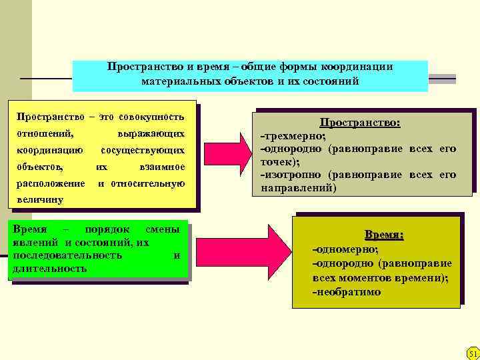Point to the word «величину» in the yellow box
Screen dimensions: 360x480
click(40, 199)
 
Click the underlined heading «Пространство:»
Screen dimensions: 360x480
click(360, 123)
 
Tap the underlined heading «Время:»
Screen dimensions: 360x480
click(383, 235)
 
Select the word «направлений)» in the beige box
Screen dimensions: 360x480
click(298, 188)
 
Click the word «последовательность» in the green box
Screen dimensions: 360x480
click(67, 255)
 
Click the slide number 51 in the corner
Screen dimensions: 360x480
click(473, 353)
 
